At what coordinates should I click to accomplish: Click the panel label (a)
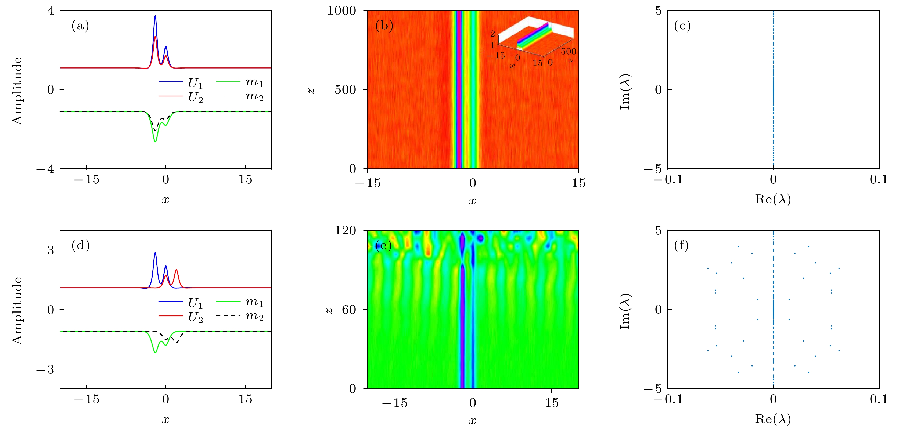[x=80, y=26]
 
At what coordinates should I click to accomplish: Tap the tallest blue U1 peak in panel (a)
[x=155, y=16]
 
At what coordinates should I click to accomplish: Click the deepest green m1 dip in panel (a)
[x=155, y=141]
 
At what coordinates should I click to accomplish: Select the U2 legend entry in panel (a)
[x=195, y=97]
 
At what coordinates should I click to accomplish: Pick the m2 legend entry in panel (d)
[x=254, y=316]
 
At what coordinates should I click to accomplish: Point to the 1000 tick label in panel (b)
[x=341, y=10]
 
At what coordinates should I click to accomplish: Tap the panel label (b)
[x=384, y=26]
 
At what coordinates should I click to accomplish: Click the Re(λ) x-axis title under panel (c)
[x=773, y=199]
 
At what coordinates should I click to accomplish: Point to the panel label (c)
[x=682, y=26]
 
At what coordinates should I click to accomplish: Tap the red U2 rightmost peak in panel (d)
[x=176, y=270]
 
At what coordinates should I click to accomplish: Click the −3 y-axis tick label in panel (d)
[x=45, y=369]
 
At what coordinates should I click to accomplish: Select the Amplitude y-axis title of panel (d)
[x=17, y=311]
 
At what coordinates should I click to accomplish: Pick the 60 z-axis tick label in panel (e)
[x=349, y=309]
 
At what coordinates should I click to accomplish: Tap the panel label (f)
[x=681, y=245]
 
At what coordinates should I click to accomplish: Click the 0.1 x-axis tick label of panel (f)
[x=878, y=399]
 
